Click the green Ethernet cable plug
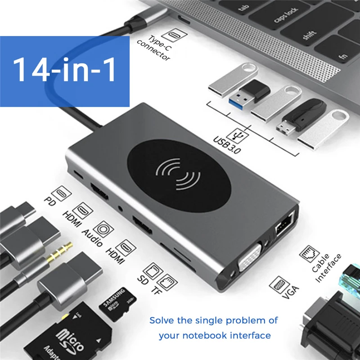click(349, 284)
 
